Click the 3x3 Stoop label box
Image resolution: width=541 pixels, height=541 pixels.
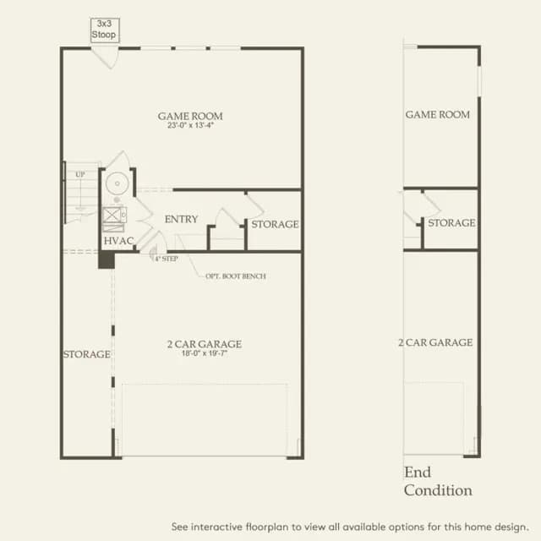pyautogui.click(x=105, y=30)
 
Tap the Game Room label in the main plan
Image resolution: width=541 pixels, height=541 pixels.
pyautogui.click(x=190, y=117)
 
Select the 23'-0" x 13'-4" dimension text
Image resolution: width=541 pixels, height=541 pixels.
pyautogui.click(x=190, y=125)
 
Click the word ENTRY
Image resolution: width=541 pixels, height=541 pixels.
pyautogui.click(x=181, y=219)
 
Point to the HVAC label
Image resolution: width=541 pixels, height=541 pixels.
pyautogui.click(x=118, y=241)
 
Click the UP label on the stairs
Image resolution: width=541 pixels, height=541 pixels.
pyautogui.click(x=80, y=175)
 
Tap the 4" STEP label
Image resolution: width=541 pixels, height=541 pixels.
pyautogui.click(x=167, y=259)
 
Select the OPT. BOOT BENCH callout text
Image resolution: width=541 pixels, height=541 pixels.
pyautogui.click(x=236, y=276)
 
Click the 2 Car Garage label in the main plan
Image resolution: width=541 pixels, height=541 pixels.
pyautogui.click(x=205, y=344)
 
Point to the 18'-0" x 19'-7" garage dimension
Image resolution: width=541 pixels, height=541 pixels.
pyautogui.click(x=205, y=353)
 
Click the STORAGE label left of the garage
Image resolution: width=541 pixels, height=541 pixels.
pyautogui.click(x=87, y=354)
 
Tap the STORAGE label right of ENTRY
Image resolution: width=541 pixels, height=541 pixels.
pyautogui.click(x=275, y=224)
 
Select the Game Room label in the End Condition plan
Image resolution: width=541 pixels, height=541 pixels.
pyautogui.click(x=438, y=115)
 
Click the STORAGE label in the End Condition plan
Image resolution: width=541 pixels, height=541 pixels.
pyautogui.click(x=451, y=223)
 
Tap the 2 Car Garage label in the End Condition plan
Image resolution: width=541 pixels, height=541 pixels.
pyautogui.click(x=435, y=342)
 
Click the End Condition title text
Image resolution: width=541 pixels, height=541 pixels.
pyautogui.click(x=438, y=481)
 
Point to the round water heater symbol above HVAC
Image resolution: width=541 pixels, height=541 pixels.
pyautogui.click(x=117, y=183)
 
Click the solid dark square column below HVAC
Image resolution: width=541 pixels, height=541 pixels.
pyautogui.click(x=107, y=260)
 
